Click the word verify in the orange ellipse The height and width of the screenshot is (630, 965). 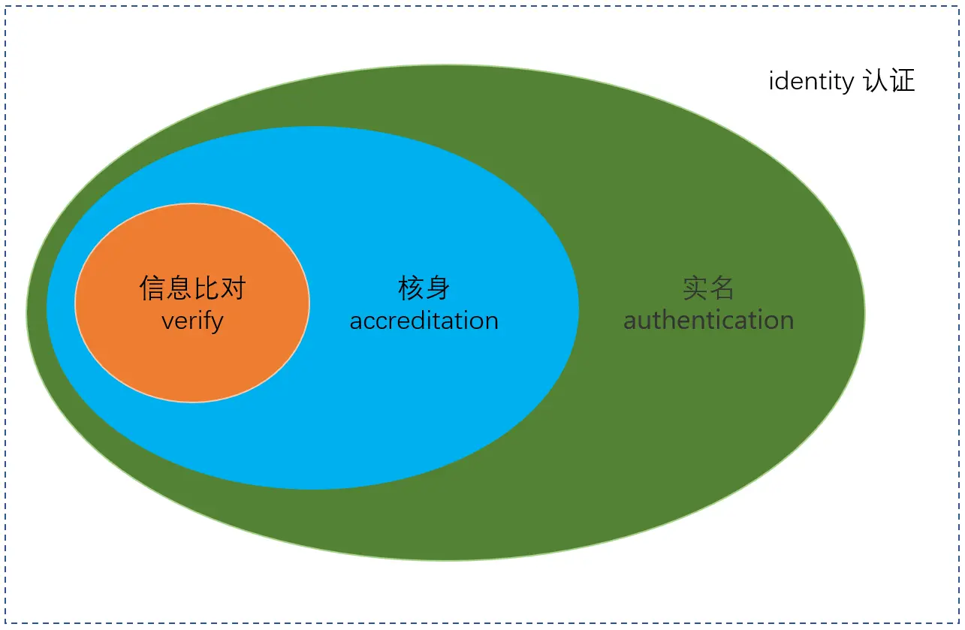192,321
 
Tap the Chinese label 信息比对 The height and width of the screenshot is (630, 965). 192,288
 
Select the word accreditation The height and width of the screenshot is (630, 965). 424,321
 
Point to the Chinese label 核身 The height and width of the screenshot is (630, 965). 424,288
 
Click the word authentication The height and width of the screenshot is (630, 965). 708,321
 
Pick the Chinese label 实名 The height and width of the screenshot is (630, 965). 708,288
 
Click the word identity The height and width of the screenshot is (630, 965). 811,81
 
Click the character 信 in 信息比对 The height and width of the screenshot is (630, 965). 152,288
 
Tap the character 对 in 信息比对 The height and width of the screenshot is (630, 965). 233,288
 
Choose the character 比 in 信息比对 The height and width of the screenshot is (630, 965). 206,288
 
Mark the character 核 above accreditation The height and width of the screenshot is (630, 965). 411,288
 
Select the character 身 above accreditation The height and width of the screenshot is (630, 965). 437,288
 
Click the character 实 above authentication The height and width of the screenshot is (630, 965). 695,288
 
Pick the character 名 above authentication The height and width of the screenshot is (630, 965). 722,288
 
